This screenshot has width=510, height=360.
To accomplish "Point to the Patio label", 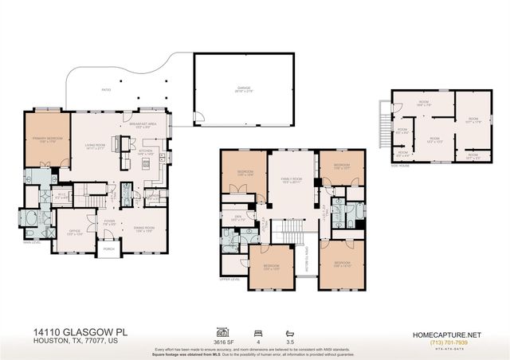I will click(x=106, y=90).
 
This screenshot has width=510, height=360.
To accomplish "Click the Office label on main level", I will click(x=74, y=211).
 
